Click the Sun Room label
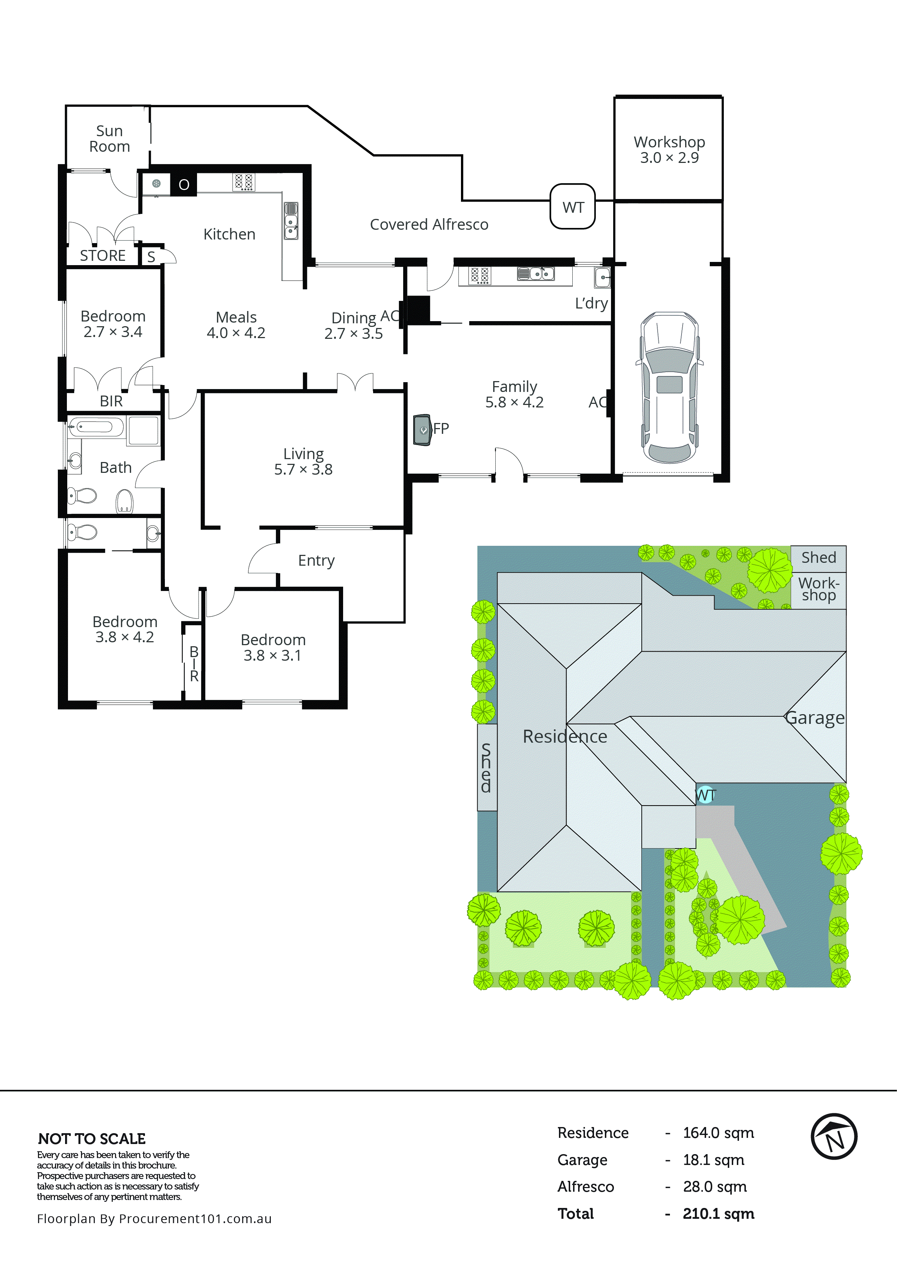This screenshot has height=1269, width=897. pyautogui.click(x=110, y=139)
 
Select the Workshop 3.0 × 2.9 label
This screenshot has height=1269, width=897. pyautogui.click(x=669, y=150)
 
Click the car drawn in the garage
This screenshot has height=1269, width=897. pyautogui.click(x=669, y=388)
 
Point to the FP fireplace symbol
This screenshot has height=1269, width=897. pyautogui.click(x=423, y=430)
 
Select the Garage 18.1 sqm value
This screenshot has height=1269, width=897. pyautogui.click(x=713, y=1160)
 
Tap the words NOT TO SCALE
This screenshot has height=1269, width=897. pyautogui.click(x=92, y=1139)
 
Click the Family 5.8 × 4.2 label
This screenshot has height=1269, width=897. pyautogui.click(x=514, y=394)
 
